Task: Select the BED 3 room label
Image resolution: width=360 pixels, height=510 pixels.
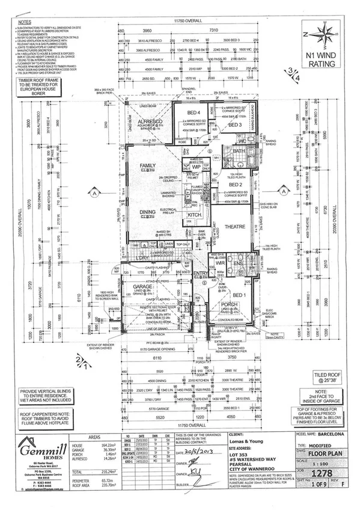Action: click(x=233, y=124)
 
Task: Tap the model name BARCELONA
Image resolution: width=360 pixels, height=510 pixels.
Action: click(x=335, y=432)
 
